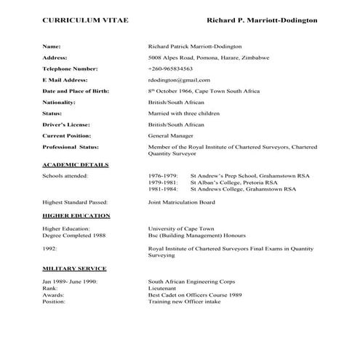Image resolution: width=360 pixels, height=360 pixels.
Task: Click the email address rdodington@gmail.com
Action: [x=179, y=79]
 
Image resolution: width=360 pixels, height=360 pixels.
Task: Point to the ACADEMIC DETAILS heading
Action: [x=76, y=165]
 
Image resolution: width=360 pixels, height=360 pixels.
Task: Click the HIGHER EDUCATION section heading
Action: [x=76, y=216]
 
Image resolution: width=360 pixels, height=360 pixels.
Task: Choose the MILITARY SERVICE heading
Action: [x=74, y=268]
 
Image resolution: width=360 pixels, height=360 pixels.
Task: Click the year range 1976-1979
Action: [x=163, y=176]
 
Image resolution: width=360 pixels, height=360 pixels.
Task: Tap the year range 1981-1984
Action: [x=163, y=188]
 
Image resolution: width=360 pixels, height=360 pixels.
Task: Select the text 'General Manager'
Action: [x=169, y=136]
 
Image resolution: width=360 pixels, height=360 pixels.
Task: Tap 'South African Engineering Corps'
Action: [x=188, y=280]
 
